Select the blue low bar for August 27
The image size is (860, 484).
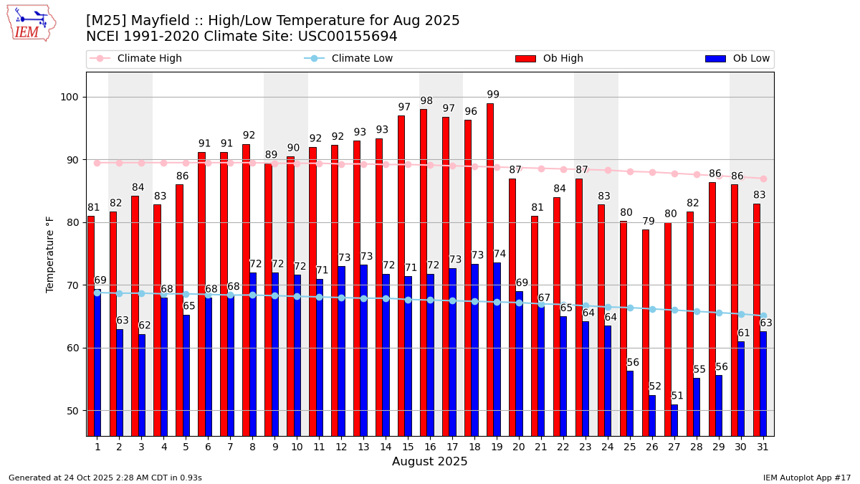(674, 420)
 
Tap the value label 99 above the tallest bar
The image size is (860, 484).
(493, 95)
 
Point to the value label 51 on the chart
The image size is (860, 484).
(677, 396)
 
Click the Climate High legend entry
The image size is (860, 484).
(149, 59)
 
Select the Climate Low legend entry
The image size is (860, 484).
(362, 59)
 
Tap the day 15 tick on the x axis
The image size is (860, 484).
(408, 447)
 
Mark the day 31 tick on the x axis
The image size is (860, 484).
(763, 447)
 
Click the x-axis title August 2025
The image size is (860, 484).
(429, 462)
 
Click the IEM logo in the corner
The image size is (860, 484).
(31, 23)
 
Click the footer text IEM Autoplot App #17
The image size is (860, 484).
(807, 478)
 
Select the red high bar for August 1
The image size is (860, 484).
(91, 326)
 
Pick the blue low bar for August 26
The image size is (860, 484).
(652, 415)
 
